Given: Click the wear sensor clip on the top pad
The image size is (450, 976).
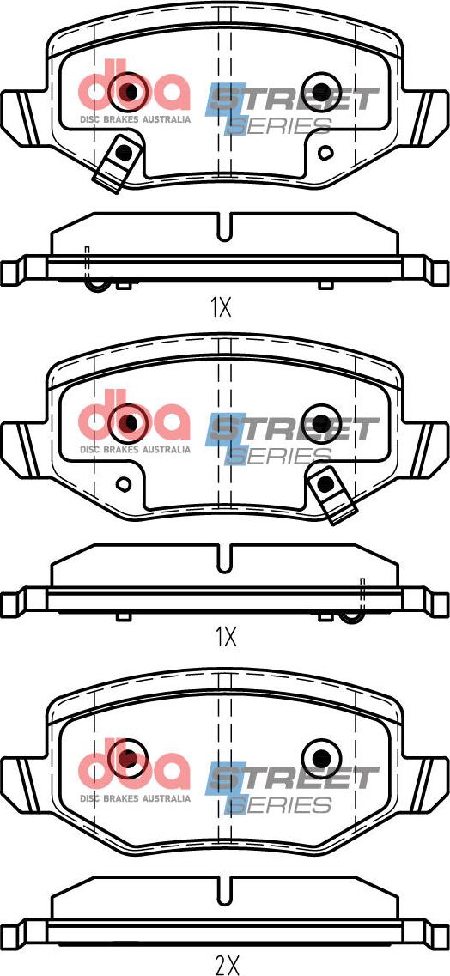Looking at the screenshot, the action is [x=119, y=162].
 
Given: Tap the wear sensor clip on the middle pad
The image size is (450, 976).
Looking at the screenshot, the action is [x=331, y=493].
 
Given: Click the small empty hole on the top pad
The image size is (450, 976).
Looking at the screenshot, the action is [x=325, y=152].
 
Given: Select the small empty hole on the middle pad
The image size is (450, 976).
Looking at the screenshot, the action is [x=124, y=483].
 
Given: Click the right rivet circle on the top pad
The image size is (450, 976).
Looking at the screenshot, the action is [x=320, y=92].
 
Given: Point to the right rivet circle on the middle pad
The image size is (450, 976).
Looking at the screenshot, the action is [x=321, y=423].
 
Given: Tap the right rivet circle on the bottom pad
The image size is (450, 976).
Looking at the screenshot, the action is [x=321, y=758].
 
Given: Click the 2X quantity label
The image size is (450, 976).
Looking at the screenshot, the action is [x=226, y=964].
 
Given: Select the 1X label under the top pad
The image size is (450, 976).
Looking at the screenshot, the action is [x=221, y=306].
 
